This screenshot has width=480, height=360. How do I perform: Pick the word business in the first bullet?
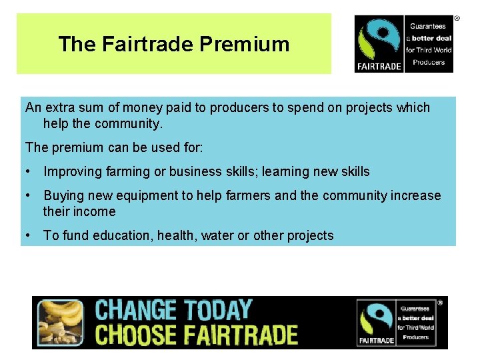(x=194, y=171)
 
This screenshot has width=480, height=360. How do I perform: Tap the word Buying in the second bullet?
(x=63, y=195)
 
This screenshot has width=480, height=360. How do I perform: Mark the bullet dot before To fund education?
(x=29, y=235)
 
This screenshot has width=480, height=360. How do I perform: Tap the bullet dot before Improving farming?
(x=29, y=171)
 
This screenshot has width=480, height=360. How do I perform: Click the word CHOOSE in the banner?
(x=136, y=334)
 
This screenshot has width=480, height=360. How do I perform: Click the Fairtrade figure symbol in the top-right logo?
(x=379, y=40)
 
